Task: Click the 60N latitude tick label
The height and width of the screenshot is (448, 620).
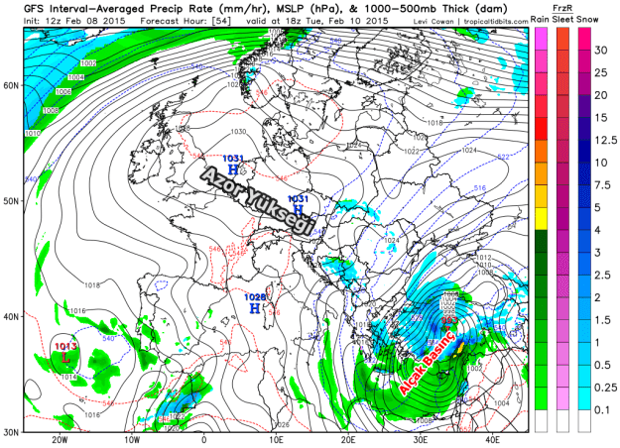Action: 12,85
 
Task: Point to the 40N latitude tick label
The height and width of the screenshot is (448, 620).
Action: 12,317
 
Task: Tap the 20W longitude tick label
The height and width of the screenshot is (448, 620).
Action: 61,440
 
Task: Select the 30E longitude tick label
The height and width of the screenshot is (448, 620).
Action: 421,440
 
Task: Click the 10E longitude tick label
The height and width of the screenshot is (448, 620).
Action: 277,440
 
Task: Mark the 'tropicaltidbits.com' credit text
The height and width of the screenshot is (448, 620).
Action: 492,18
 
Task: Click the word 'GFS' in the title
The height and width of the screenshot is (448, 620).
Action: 20,7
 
